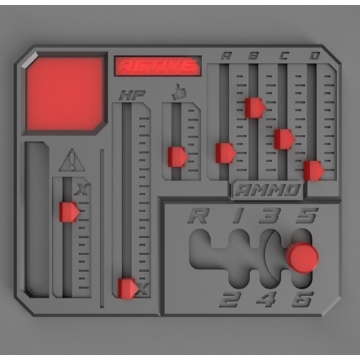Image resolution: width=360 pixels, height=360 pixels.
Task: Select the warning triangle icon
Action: [71, 161]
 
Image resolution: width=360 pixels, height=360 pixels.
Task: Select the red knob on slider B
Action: [254, 107]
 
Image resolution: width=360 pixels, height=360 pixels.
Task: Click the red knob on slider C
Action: [284, 139]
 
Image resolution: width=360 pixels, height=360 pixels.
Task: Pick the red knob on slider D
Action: [313, 171]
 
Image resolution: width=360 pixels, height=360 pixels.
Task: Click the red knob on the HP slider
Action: [128, 288]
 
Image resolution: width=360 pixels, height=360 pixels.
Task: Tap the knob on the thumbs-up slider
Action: [177, 157]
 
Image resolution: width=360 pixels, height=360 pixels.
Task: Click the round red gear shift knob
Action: [303, 257]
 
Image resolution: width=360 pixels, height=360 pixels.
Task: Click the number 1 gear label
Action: [238, 215]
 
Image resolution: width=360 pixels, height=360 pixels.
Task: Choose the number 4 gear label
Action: [266, 299]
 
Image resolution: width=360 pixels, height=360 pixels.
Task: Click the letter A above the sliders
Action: [226, 56]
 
